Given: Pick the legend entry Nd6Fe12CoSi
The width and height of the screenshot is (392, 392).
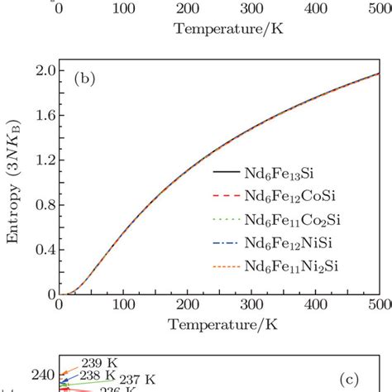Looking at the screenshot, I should [x=291, y=195].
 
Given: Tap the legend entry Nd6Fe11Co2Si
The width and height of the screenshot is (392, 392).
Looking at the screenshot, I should [x=294, y=219].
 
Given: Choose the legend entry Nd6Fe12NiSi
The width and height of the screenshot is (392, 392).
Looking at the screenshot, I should [x=291, y=243].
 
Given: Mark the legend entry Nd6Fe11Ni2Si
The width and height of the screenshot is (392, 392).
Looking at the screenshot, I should [x=294, y=267].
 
